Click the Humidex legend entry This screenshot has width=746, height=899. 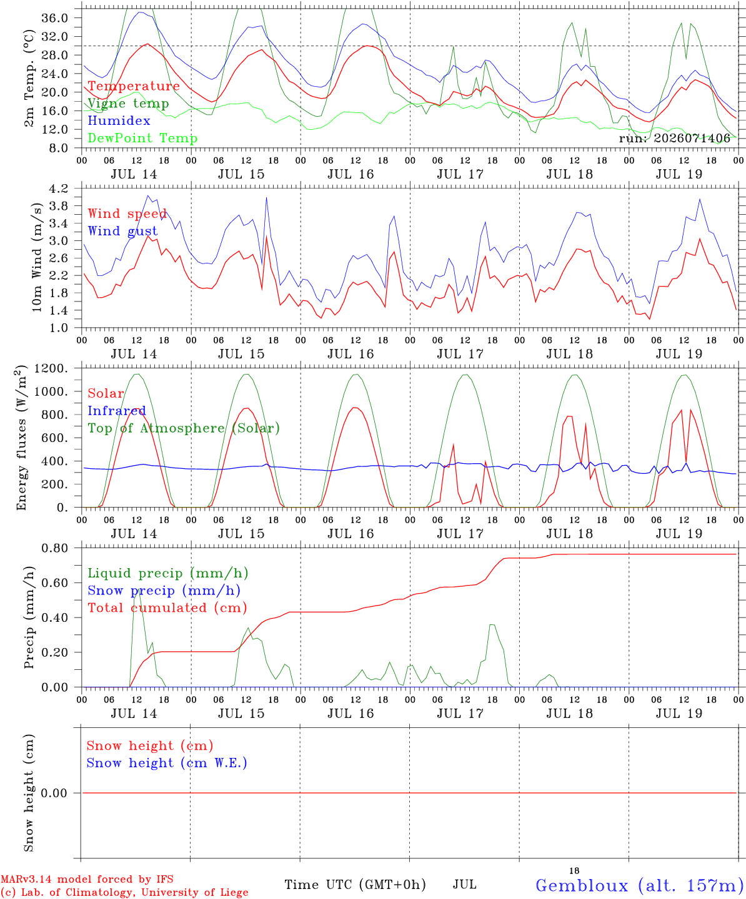[119, 120]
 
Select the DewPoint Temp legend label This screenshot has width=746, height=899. [142, 138]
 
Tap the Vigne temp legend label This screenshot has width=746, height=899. [129, 104]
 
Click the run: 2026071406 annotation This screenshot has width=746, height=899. [674, 138]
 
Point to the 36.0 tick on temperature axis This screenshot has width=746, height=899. [55, 18]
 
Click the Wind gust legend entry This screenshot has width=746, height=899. [123, 231]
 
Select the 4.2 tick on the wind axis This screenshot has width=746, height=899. [58, 189]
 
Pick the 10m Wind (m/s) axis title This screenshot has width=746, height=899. [36, 257]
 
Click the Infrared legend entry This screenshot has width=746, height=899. [117, 411]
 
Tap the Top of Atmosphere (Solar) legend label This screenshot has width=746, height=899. [184, 428]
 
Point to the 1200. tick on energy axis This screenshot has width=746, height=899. [51, 368]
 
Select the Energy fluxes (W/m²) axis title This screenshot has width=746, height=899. [21, 438]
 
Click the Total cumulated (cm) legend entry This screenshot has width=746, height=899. [167, 608]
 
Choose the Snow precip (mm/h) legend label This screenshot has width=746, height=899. [164, 591]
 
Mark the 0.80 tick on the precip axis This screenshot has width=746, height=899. [55, 548]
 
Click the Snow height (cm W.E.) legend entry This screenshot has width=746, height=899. [167, 763]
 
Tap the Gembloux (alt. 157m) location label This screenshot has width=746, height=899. [640, 885]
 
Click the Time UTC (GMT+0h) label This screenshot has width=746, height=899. [355, 885]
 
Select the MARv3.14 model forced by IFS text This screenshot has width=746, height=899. [87, 879]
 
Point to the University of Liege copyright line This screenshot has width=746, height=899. [124, 893]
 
